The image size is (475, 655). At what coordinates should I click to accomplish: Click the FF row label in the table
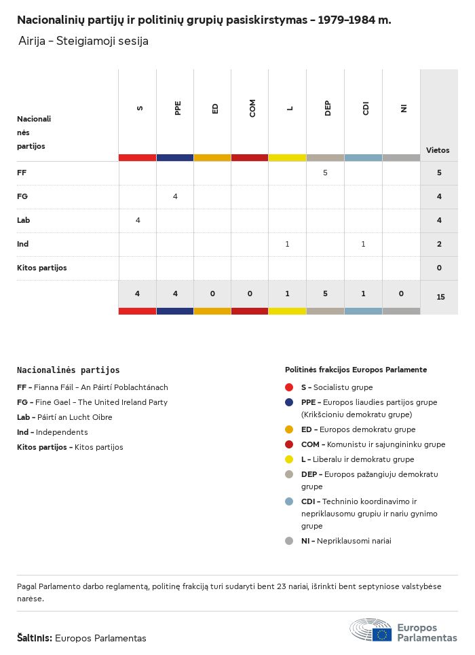pos(22,173)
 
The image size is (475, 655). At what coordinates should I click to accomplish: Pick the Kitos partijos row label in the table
pos(42,268)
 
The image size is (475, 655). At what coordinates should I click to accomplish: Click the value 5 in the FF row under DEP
pos(325,173)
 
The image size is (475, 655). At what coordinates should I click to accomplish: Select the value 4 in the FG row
pos(175,196)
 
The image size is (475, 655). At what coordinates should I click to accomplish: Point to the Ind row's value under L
pos(287,244)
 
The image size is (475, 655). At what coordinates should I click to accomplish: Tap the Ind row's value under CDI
pos(363,244)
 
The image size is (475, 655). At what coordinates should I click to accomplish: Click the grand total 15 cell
pos(440,297)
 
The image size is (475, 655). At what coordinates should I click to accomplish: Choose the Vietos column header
pos(438,150)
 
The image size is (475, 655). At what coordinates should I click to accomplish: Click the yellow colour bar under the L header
pos(287,158)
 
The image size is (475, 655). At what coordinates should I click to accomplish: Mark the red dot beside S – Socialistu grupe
pos(289,387)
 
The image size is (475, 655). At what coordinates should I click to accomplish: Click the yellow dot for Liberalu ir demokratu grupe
pos(289,459)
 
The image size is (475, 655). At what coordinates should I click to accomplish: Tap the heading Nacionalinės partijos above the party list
pos(68,370)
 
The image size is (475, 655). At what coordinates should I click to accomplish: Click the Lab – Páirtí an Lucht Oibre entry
pos(64,417)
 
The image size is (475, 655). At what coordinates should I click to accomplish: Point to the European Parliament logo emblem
pos(370,631)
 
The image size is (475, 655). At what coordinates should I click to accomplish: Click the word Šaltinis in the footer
pos(34,638)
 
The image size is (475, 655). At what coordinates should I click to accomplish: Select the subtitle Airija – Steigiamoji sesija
pos(83,41)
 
